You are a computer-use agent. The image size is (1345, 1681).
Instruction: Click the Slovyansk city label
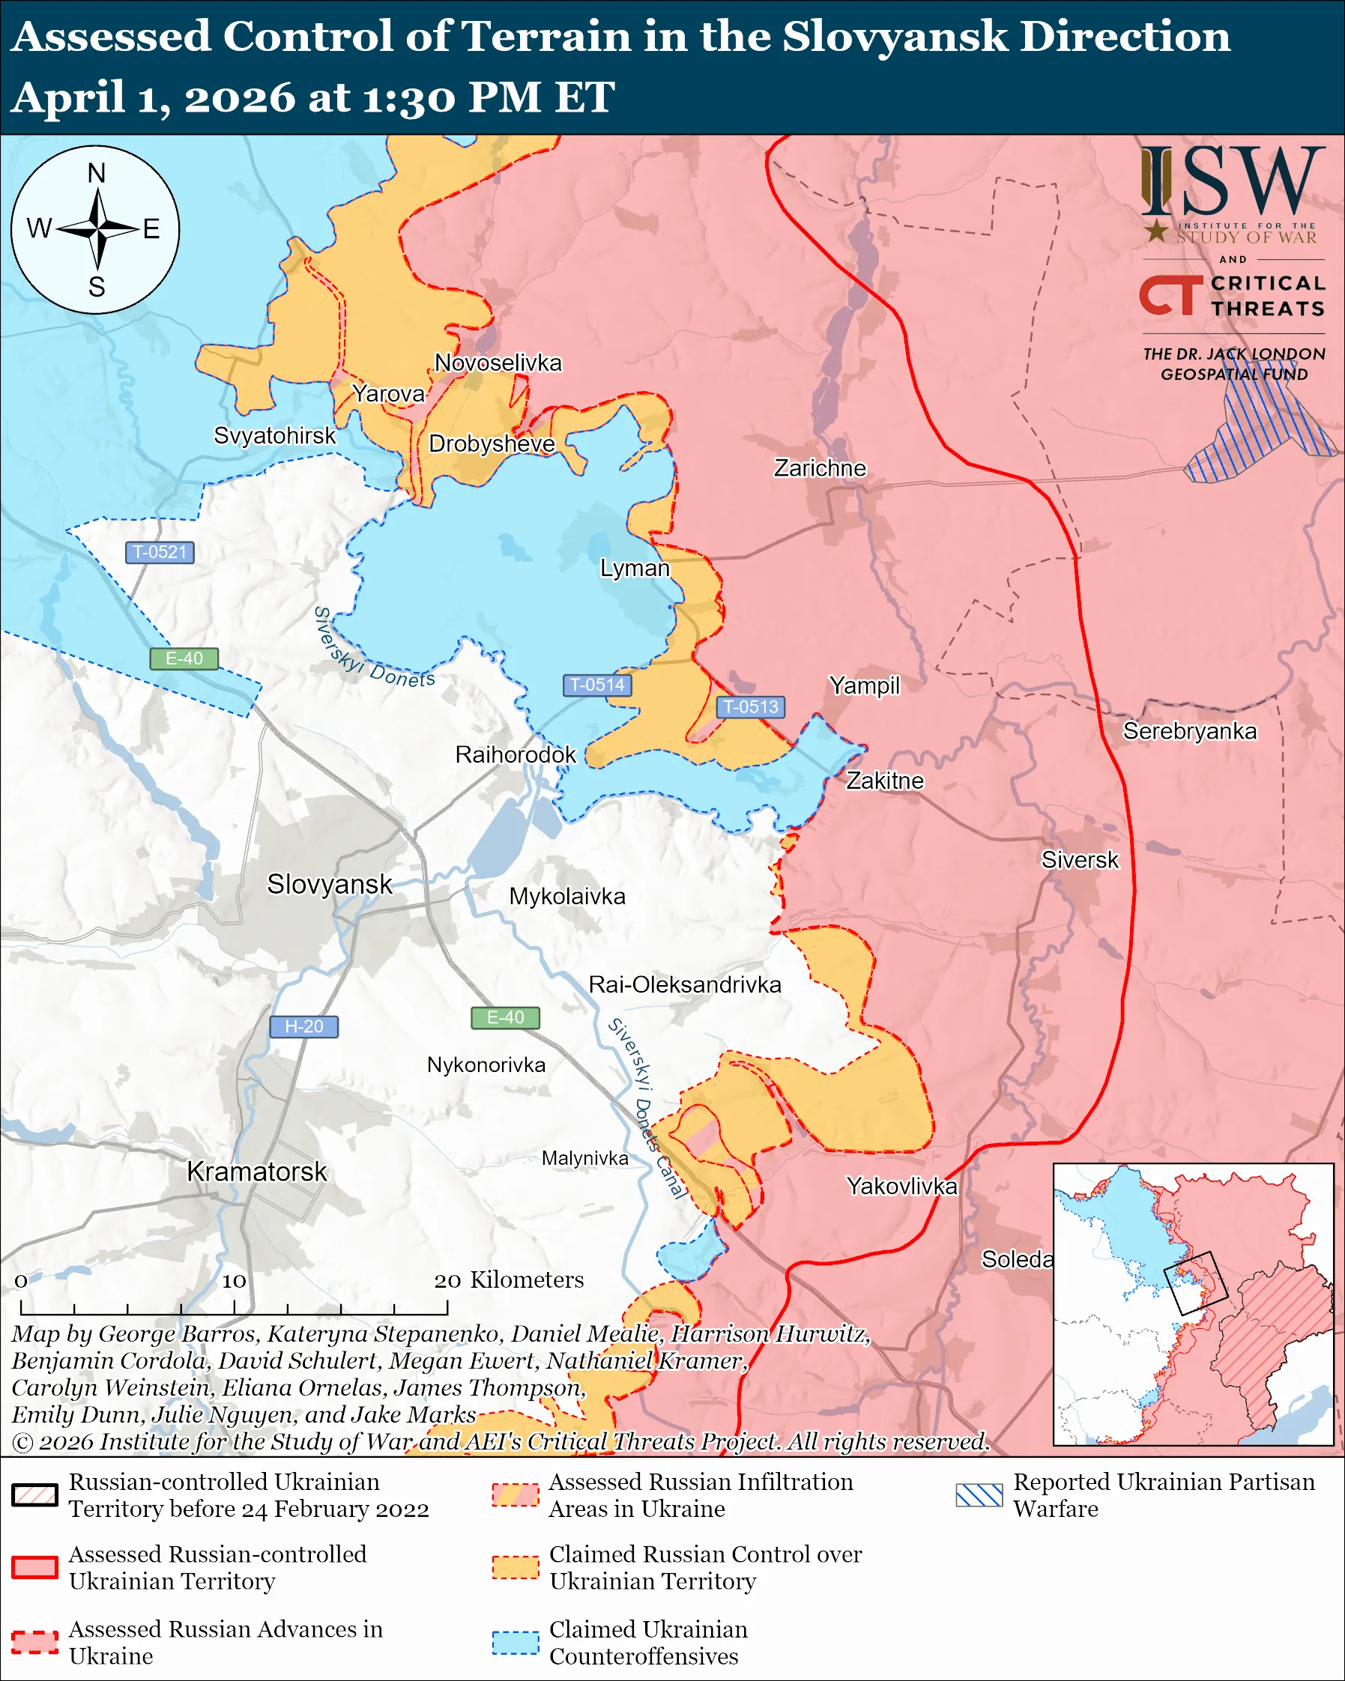coord(329,884)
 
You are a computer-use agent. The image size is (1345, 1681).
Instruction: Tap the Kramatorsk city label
coord(256,1172)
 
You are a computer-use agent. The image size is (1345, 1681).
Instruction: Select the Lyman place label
coord(635,569)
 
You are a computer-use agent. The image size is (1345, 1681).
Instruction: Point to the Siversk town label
coord(1079,860)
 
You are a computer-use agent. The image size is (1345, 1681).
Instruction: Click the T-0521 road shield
coord(160,552)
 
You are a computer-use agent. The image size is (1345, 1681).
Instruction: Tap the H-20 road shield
coord(303,1026)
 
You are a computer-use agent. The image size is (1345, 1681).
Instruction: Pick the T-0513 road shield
coord(750,706)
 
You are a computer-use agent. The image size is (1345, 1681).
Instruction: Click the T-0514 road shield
coord(596,685)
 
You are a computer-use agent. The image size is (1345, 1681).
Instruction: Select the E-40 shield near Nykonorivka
coord(505,1017)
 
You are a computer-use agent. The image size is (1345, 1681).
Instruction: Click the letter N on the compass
coord(96,173)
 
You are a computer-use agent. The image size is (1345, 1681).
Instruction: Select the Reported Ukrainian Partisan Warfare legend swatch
coord(979,1494)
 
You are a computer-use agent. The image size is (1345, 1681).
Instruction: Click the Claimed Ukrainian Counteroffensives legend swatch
coord(516,1642)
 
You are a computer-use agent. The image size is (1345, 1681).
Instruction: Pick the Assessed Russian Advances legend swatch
coord(35,1642)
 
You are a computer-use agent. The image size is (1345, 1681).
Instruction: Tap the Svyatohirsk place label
coord(274,435)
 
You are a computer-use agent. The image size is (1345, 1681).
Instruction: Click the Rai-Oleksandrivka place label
coord(685,985)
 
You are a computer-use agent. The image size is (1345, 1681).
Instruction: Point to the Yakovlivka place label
coord(901,1186)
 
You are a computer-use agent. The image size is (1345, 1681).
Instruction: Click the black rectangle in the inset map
coord(1195,1283)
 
